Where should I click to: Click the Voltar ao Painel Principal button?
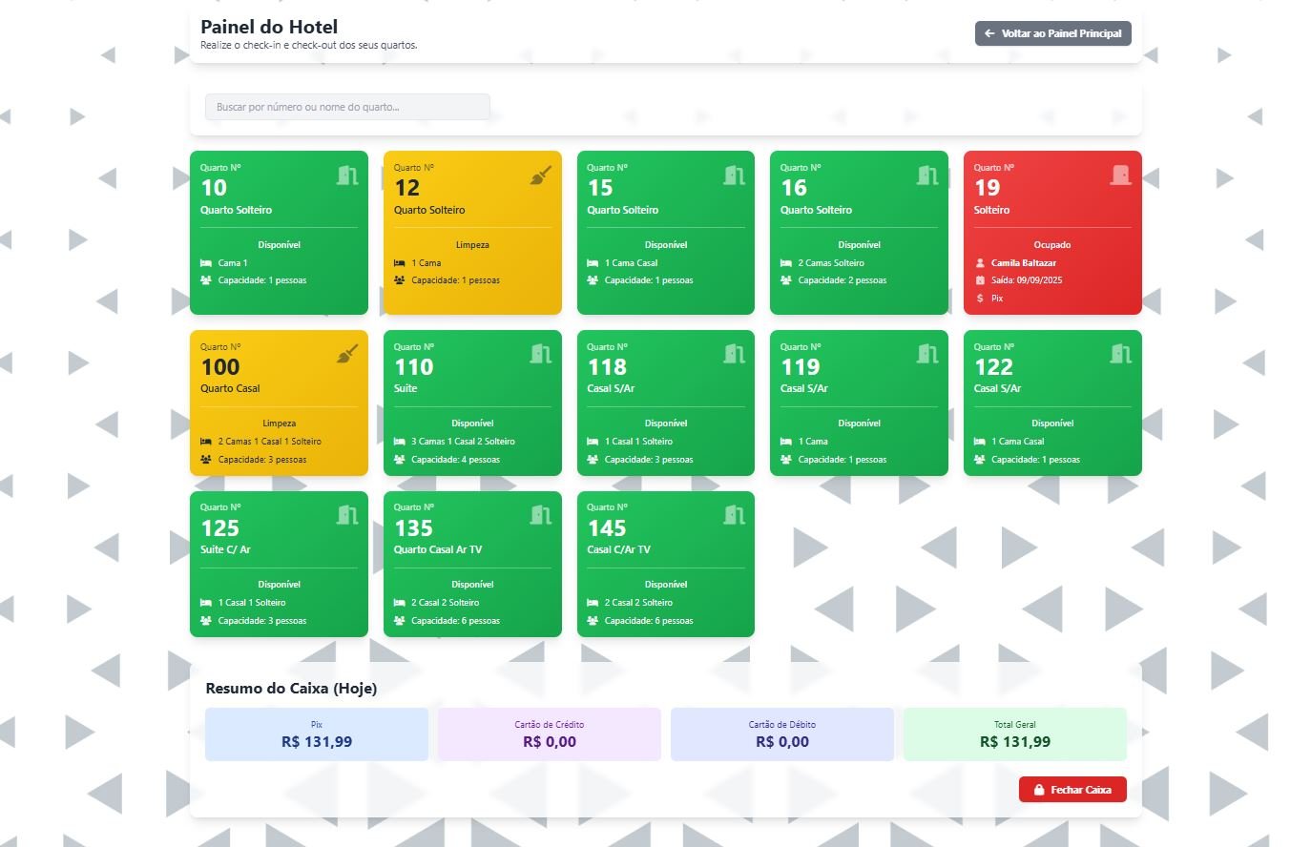pos(1052,33)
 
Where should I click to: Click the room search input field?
pos(347,107)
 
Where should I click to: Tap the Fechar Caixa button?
pos(1072,790)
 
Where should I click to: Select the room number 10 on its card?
pos(214,188)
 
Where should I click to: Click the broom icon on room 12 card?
pos(540,176)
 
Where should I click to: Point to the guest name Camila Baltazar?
pos(1023,263)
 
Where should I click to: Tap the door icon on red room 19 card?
pos(1120,175)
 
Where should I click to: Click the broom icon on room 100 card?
pos(347,354)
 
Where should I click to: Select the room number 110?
pos(414,367)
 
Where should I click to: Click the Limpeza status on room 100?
pos(279,423)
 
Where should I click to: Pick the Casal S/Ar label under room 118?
pos(611,389)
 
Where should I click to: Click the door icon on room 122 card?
pos(1120,354)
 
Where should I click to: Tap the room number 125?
pos(220,528)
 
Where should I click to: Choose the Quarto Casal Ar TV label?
pos(438,550)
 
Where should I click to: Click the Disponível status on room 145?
pos(666,585)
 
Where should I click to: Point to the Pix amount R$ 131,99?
pos(317,742)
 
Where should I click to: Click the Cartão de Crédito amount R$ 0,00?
pos(550,742)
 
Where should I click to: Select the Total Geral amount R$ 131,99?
pos(1015,742)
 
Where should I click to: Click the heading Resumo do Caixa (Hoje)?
pos(291,689)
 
